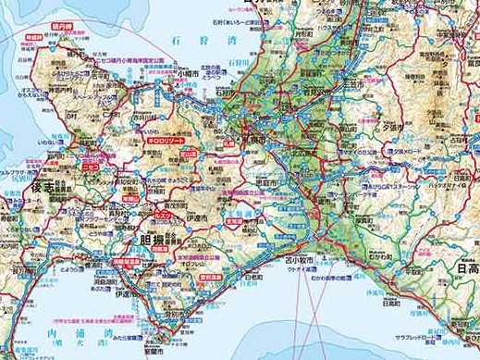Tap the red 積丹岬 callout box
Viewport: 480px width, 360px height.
coord(63,18)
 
